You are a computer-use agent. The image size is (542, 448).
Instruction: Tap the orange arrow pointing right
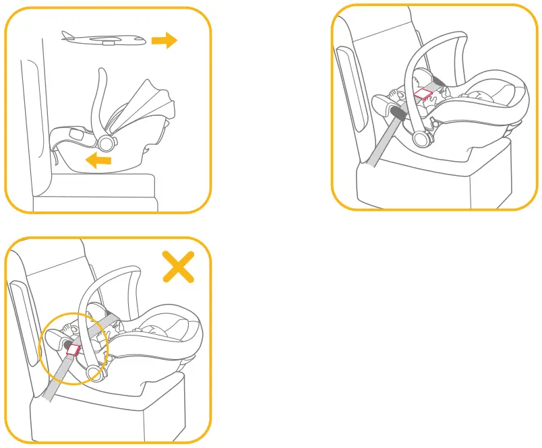[x=164, y=41]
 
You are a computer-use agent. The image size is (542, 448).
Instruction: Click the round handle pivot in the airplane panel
[x=107, y=142]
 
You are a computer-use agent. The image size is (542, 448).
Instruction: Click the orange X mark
[x=178, y=266]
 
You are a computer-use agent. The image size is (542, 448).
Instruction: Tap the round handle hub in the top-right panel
[x=423, y=138]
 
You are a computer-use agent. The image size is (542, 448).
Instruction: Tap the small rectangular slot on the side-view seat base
[x=76, y=135]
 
